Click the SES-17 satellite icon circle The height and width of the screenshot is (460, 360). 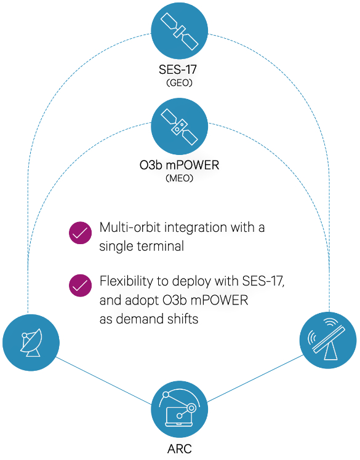pos(180,31)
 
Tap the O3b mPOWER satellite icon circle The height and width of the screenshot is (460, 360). pos(180,126)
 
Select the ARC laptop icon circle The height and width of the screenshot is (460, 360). pos(180,409)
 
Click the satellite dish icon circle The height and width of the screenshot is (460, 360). pos(31,343)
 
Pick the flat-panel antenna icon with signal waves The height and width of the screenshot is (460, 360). pos(328,340)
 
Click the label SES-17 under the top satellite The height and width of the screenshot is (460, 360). pos(178,69)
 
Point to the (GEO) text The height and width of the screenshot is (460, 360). pos(180,83)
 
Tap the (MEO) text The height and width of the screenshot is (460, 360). pos(180,178)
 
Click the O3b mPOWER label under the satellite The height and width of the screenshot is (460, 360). pos(180,165)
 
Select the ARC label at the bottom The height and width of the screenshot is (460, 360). pos(180,448)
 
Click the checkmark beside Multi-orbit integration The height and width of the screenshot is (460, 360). pos(80,233)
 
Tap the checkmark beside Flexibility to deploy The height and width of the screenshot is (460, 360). pos(80,286)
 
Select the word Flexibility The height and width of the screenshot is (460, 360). pos(126,281)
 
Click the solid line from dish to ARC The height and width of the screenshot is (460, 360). pos(103,381)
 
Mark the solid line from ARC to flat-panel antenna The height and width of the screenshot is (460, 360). pos(255,379)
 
